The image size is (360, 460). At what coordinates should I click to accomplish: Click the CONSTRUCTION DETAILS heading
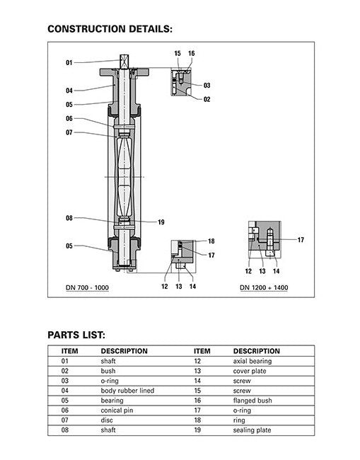[x=110, y=29]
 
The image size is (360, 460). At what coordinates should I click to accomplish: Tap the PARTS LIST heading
[x=76, y=335]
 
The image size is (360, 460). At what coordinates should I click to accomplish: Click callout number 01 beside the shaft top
[x=69, y=62]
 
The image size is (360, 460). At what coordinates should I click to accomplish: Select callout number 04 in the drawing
[x=69, y=91]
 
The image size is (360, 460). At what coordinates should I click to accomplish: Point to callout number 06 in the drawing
[x=69, y=118]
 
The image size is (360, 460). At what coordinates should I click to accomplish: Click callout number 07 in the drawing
[x=69, y=132]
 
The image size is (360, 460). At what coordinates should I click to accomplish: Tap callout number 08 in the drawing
[x=69, y=218]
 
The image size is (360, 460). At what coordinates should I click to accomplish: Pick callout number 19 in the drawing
[x=161, y=222]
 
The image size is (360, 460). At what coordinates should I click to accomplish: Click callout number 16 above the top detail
[x=192, y=53]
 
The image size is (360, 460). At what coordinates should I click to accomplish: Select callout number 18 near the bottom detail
[x=211, y=241]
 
